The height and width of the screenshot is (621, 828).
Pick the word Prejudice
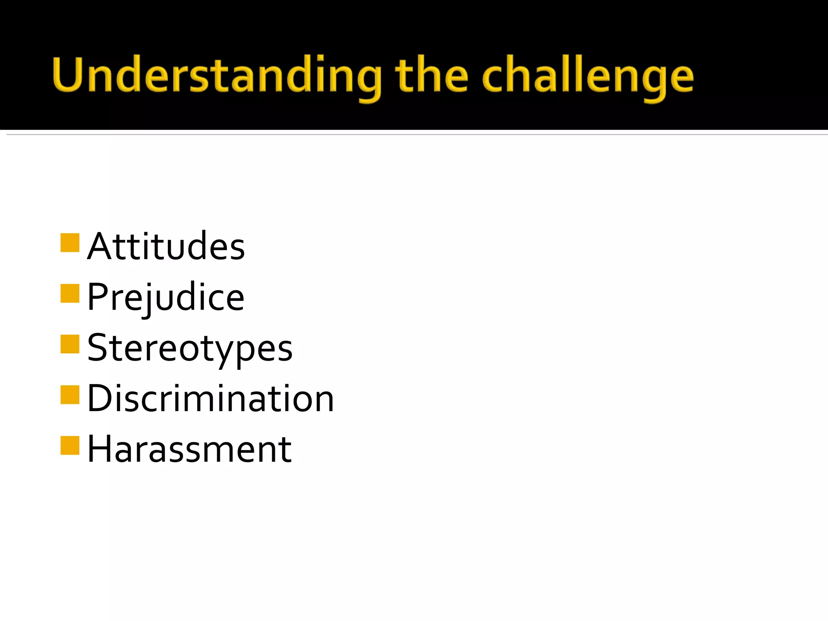165,297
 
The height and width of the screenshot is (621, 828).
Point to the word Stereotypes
190,348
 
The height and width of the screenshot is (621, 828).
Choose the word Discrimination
210,399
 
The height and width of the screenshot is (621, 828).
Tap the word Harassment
189,449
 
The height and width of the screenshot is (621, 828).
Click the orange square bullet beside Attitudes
70,243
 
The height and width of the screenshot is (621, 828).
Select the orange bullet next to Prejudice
70,294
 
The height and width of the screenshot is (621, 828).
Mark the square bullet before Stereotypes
70,344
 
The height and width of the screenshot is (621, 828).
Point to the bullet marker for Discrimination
70,395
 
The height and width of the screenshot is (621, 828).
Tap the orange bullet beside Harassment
70,446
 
